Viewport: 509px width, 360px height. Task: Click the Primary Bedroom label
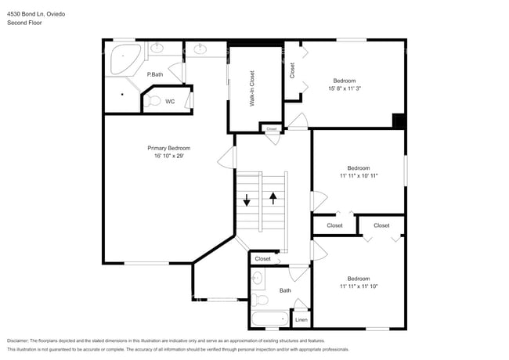168,148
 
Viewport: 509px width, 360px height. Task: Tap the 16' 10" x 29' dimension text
168,156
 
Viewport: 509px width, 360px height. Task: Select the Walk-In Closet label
252,89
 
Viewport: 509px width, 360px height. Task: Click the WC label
169,101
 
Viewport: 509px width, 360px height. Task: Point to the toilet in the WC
154,100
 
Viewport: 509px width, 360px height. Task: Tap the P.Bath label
155,74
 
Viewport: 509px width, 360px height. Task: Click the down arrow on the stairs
247,200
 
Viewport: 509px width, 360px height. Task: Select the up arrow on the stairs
273,198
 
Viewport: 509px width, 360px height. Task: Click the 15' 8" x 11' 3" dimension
345,88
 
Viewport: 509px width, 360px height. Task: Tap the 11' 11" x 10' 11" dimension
359,176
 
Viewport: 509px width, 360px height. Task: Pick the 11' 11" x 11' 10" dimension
359,286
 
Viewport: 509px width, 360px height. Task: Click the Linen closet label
301,319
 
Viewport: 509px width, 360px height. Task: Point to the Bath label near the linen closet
285,291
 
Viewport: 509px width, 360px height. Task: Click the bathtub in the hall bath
269,319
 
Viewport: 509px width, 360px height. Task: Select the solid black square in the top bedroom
399,121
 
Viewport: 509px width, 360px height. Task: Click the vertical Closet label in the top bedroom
292,70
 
